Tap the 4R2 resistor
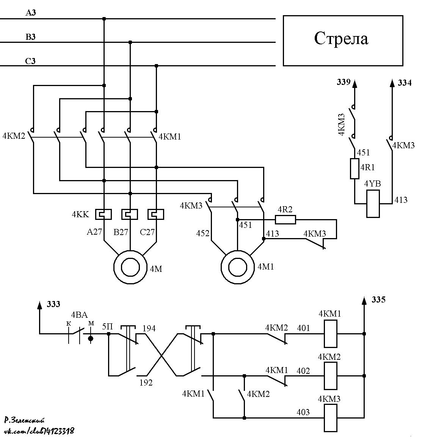[286, 220]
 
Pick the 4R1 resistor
[355, 169]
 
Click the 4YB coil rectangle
[373, 204]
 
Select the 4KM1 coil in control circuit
[330, 334]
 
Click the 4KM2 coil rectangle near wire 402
[330, 376]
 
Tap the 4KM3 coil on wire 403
[330, 418]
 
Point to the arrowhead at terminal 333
[40, 305]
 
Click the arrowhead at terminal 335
[364, 301]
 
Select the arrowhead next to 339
[355, 84]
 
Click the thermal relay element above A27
[104, 215]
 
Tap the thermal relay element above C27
[156, 215]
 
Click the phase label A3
[31, 13]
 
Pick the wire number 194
[149, 328]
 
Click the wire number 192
[146, 383]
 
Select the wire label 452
[203, 233]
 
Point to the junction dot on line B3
[130, 42]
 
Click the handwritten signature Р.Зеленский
[25, 420]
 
